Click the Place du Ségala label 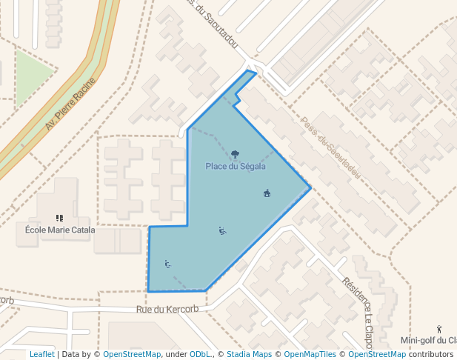235,166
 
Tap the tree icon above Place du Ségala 235,154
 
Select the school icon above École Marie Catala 60,218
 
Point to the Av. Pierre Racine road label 71,104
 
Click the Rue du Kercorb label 168,309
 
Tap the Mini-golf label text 428,341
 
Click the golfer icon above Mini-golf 439,329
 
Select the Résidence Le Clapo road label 358,311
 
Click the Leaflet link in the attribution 41,354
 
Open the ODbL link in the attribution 201,354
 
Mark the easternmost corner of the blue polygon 310,188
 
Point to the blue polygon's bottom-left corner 148,291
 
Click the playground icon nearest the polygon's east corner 267,194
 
